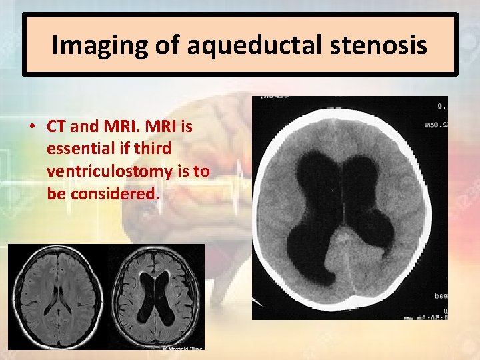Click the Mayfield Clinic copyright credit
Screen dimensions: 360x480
point(182,347)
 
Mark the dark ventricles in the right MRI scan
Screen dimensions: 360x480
point(158,293)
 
